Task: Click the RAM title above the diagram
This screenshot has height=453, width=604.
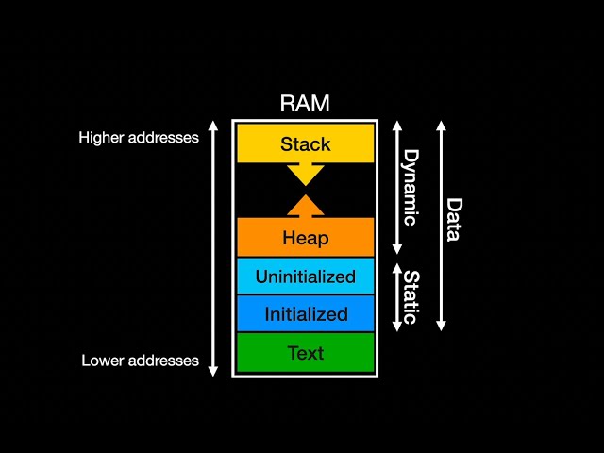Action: pos(305,104)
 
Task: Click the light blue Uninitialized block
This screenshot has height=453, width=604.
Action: pos(305,277)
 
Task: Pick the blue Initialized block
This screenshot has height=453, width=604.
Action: pos(305,314)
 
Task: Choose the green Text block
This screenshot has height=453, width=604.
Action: pos(305,353)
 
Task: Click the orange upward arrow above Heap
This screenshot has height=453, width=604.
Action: pos(305,205)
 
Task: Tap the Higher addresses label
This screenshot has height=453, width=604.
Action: pos(139,138)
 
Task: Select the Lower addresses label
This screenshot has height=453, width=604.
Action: pos(140,361)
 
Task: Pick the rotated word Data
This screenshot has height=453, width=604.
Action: pos(454,219)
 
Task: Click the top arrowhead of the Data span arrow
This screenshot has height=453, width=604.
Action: pos(441,126)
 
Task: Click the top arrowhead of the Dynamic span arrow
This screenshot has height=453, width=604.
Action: pos(397,126)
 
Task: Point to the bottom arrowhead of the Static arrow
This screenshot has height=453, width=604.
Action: pos(397,326)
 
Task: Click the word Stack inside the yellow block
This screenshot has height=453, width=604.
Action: pos(305,144)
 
